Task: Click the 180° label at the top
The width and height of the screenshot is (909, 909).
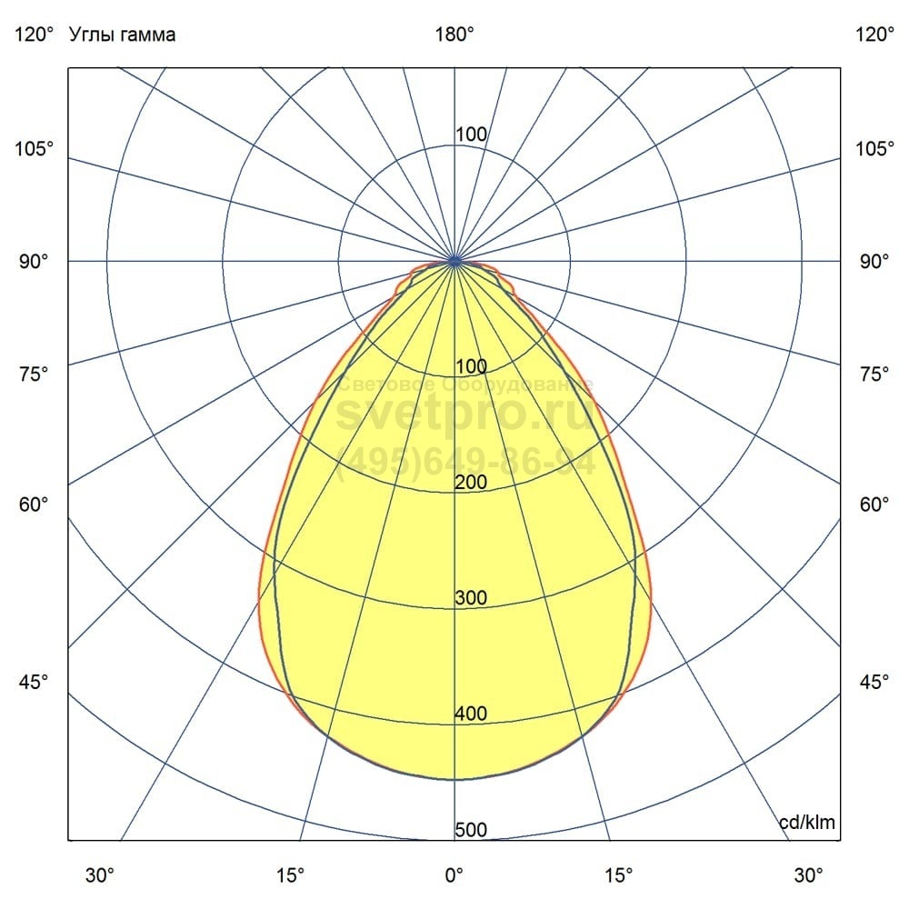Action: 454,35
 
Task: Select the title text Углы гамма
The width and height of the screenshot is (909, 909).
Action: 123,35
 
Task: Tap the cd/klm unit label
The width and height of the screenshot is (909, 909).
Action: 807,823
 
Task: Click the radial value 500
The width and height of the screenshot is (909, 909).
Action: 471,830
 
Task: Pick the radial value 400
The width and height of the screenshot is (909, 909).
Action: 471,714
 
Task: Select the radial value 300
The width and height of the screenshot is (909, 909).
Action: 471,598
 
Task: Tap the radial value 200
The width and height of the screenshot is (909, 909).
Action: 471,483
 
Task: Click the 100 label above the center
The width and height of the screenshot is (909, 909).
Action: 471,135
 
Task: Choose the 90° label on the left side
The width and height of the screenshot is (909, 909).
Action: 34,262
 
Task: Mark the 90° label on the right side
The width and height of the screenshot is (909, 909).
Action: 874,262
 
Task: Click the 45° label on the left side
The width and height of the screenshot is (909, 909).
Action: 34,682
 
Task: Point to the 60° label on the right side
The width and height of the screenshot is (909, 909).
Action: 874,504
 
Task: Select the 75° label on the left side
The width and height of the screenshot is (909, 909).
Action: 34,374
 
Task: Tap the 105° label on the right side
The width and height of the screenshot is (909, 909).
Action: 874,148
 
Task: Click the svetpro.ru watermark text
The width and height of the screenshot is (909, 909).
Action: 464,415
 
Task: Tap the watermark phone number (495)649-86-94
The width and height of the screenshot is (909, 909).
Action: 464,463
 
